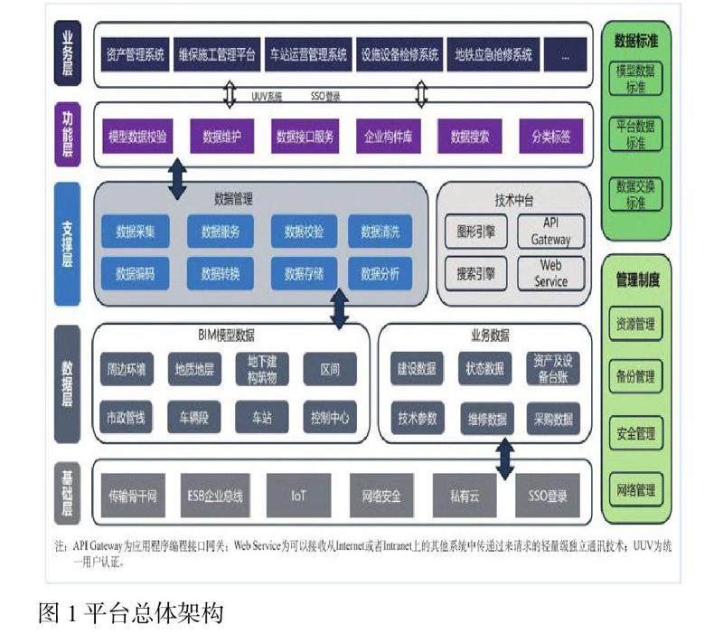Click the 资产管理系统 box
[136, 54]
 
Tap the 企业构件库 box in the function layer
[387, 137]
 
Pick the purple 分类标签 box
[551, 137]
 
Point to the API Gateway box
[550, 232]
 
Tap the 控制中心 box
[330, 419]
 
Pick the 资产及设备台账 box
[551, 369]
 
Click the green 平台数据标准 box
[637, 133]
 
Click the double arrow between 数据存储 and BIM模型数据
[339, 310]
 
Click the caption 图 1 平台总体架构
[131, 613]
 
